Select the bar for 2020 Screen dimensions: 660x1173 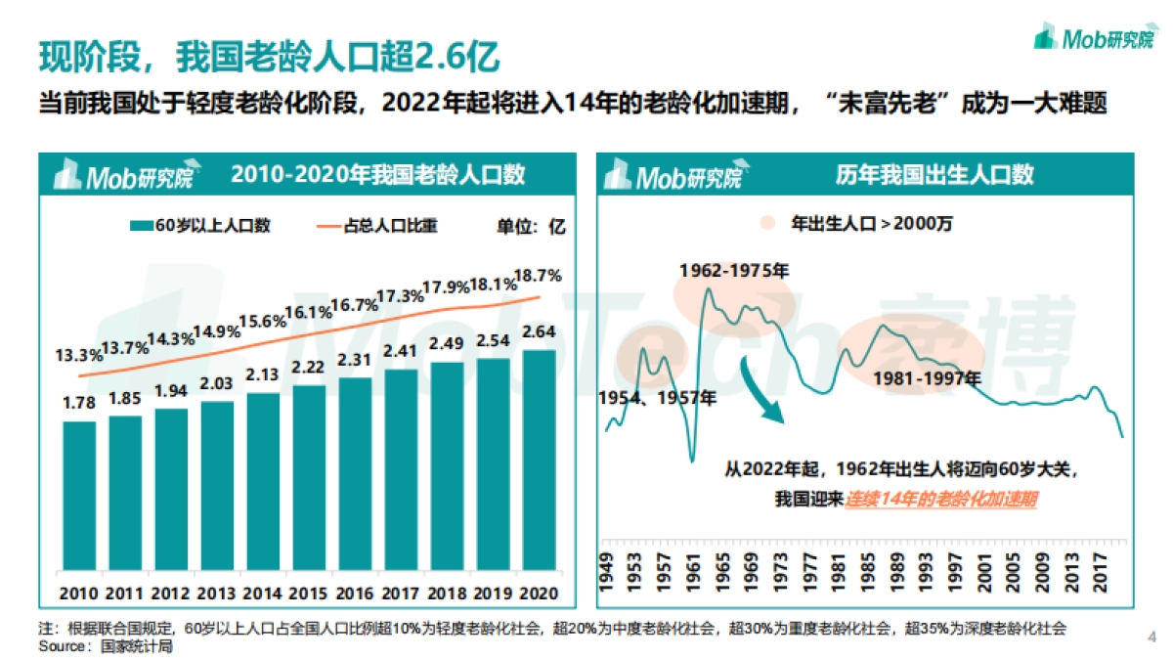click(540, 459)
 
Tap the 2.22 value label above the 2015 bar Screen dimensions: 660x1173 click(309, 368)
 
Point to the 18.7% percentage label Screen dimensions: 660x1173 click(538, 276)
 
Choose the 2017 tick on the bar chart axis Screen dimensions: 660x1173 click(401, 594)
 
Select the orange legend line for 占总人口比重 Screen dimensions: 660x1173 click(325, 226)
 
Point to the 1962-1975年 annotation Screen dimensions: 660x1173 click(735, 269)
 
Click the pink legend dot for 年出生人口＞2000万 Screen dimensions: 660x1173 click(768, 223)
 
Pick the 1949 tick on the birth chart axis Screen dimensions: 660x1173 click(608, 568)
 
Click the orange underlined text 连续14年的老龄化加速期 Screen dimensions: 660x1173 click(940, 499)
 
